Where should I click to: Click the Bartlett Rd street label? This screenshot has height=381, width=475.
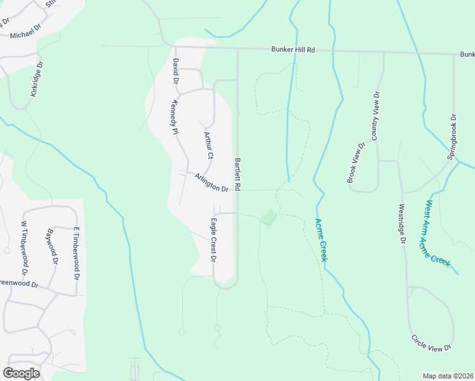239,175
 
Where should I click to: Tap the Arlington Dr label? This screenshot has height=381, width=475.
211,183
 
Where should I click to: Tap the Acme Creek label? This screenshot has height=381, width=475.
321,240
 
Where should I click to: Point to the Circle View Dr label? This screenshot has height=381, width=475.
431,343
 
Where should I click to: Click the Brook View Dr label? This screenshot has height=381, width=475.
356,163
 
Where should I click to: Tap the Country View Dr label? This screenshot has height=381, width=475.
375,116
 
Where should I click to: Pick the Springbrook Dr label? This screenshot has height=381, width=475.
453,136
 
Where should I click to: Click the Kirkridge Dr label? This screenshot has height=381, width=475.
37,79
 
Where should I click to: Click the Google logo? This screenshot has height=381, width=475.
21,373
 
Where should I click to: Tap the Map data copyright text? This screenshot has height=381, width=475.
448,376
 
